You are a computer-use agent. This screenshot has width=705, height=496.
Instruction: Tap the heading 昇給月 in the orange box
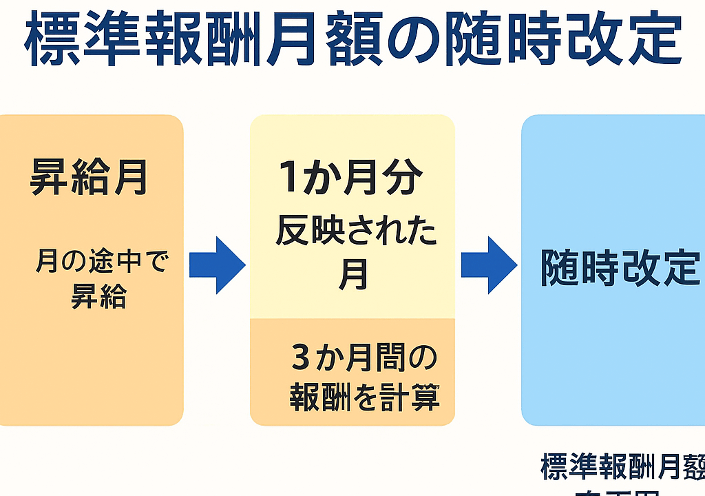pyautogui.click(x=90, y=177)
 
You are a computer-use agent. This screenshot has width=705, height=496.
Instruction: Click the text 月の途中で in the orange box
pyautogui.click(x=101, y=262)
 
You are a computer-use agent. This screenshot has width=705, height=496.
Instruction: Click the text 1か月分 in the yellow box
pyautogui.click(x=350, y=178)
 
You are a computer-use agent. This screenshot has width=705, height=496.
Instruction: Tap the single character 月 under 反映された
pyautogui.click(x=353, y=275)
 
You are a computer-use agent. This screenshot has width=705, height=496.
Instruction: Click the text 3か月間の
pyautogui.click(x=364, y=359)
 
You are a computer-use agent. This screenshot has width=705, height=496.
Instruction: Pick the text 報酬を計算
pyautogui.click(x=364, y=398)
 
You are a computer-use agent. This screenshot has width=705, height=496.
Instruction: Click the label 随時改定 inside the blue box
pyautogui.click(x=620, y=268)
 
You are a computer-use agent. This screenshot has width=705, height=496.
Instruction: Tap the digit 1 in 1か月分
pyautogui.click(x=289, y=178)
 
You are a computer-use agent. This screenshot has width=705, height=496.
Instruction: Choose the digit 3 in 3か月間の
pyautogui.click(x=301, y=359)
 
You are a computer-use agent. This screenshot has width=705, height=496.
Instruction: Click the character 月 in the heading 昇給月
pyautogui.click(x=130, y=177)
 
